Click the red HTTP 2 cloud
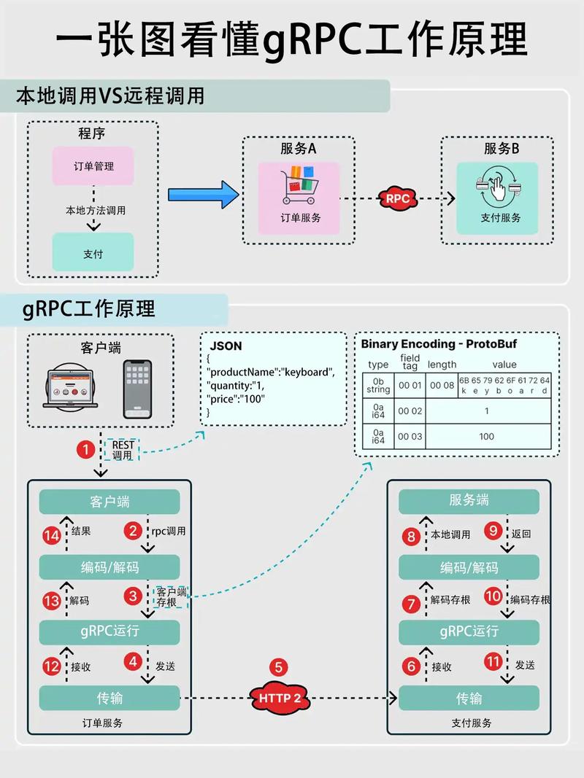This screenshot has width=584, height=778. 279,698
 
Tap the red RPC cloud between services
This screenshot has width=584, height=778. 397,198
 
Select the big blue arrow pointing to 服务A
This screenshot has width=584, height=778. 204,195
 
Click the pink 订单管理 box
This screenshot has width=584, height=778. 93,166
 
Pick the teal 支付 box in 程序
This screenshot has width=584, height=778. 93,254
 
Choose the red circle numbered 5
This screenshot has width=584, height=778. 279,666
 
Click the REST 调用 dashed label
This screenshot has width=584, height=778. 123,450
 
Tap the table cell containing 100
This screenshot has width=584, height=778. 487,437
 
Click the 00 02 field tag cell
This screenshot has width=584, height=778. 410,411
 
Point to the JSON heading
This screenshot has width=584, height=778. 226,346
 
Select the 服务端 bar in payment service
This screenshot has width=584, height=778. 469,502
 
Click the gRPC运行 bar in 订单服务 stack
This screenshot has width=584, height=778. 109,631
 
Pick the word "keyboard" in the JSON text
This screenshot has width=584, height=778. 306,373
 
